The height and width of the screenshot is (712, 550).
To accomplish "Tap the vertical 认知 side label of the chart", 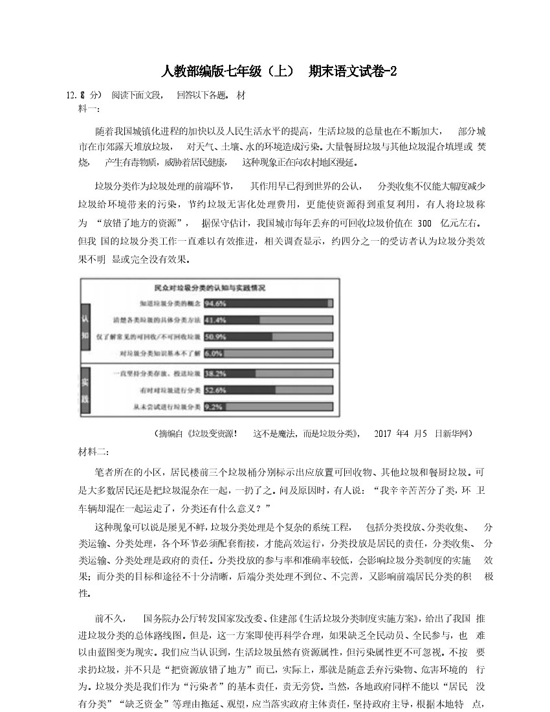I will [86, 328].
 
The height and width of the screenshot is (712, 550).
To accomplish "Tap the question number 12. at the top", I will [71, 95].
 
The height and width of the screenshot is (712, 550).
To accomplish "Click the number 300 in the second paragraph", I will [424, 223].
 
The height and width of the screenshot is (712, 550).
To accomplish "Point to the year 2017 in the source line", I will [384, 433].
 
